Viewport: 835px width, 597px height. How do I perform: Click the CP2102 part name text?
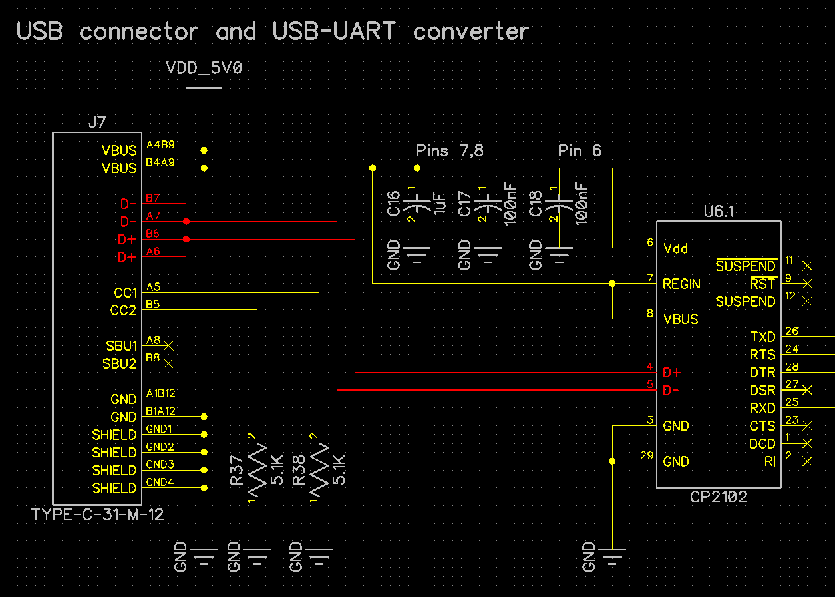pyautogui.click(x=718, y=497)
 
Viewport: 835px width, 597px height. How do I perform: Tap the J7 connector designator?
pyautogui.click(x=96, y=122)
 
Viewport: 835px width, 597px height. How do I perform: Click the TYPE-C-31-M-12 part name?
pyautogui.click(x=98, y=514)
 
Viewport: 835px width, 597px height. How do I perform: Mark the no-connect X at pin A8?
pyautogui.click(x=168, y=345)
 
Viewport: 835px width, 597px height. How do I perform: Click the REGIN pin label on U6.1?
pyautogui.click(x=681, y=284)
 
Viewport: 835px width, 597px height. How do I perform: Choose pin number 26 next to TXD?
pyautogui.click(x=791, y=331)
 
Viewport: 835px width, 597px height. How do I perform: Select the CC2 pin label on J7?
pyautogui.click(x=123, y=310)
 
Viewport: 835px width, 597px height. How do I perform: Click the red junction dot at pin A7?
pyautogui.click(x=186, y=221)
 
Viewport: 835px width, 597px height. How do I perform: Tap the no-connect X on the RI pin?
pyautogui.click(x=808, y=461)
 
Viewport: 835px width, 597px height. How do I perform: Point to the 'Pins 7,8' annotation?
pyautogui.click(x=449, y=151)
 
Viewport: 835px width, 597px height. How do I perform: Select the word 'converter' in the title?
pyautogui.click(x=470, y=31)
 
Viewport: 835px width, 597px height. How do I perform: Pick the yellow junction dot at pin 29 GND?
pyautogui.click(x=612, y=461)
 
